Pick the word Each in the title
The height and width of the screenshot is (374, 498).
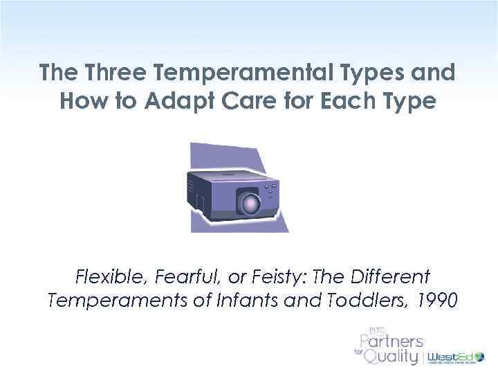tap(352, 102)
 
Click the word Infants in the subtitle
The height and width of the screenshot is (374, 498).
tap(255, 301)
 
